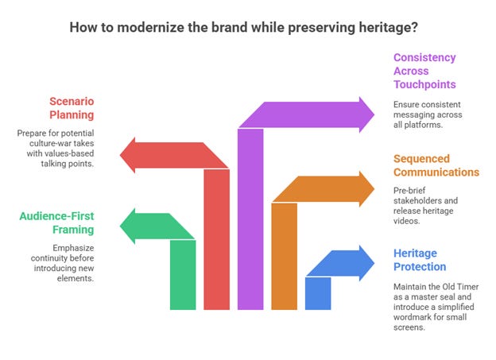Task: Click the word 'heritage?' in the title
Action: tap(388, 28)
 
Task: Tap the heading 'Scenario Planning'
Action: tap(72, 108)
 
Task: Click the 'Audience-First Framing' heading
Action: tap(57, 223)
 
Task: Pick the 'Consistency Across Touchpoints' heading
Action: tap(424, 71)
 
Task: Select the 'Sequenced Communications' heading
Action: tap(436, 165)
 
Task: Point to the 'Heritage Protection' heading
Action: tap(420, 260)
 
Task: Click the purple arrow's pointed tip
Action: tap(374, 114)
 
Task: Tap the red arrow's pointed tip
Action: tap(120, 155)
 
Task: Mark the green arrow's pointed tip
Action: tap(120, 226)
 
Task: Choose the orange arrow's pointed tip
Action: tap(374, 189)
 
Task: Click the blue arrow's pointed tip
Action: tap(374, 263)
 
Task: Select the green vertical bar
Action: tap(183, 275)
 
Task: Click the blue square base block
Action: tap(318, 293)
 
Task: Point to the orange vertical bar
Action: tap(284, 256)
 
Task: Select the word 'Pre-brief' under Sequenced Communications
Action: tap(409, 191)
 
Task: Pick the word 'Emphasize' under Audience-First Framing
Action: tap(73, 248)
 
